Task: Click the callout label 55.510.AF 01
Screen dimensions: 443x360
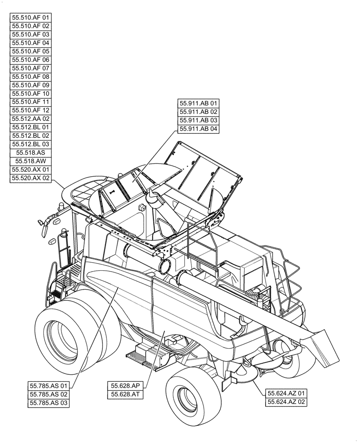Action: tap(31, 18)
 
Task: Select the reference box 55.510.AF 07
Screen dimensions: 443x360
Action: tap(31, 68)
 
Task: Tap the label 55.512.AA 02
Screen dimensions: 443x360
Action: tap(31, 119)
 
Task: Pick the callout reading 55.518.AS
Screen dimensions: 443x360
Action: tap(31, 153)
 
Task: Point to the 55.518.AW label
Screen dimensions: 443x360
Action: tap(31, 161)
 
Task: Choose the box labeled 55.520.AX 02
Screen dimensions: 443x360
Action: tap(31, 178)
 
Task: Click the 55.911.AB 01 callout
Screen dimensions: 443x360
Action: tap(199, 104)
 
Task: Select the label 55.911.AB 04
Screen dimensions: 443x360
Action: tap(199, 129)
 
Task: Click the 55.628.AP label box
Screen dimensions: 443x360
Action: tap(125, 386)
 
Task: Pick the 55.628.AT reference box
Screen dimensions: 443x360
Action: tap(125, 394)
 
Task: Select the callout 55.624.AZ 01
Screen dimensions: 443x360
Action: tap(286, 393)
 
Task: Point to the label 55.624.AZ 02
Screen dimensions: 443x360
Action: tap(286, 402)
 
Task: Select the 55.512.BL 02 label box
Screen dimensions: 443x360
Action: tap(31, 136)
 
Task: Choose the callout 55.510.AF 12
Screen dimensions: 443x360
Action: tap(31, 110)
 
